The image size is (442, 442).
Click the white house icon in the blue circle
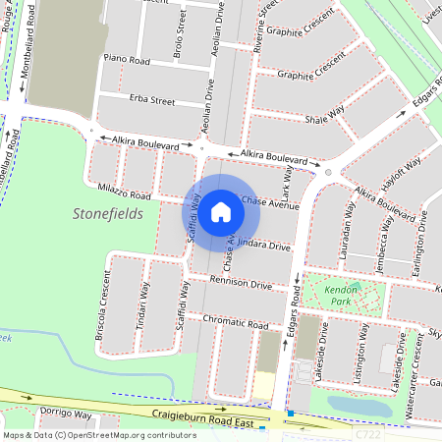[221, 211]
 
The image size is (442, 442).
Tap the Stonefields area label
[108, 213]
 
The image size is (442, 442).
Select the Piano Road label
[126, 60]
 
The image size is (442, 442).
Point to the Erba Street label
[151, 100]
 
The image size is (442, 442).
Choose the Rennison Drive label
[241, 284]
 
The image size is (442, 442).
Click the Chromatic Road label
[235, 322]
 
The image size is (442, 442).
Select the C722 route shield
[368, 432]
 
